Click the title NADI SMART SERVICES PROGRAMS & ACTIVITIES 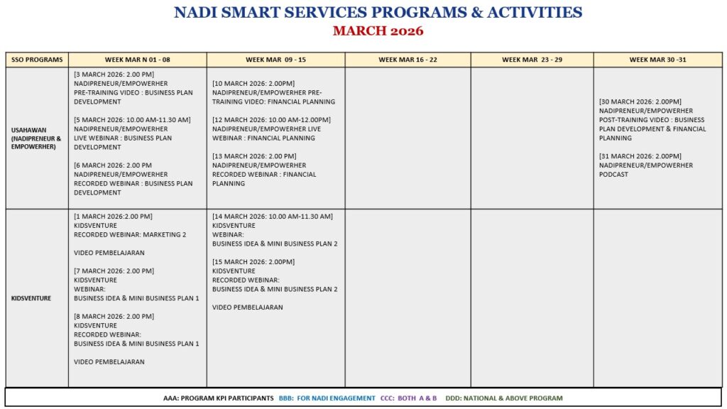pyautogui.click(x=378, y=13)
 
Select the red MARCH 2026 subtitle pyautogui.click(x=378, y=31)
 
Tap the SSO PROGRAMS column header pyautogui.click(x=37, y=60)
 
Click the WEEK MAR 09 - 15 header pyautogui.click(x=275, y=60)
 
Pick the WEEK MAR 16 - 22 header pyautogui.click(x=408, y=60)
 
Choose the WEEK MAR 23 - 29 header pyautogui.click(x=532, y=60)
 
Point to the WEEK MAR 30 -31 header pyautogui.click(x=657, y=60)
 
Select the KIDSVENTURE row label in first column pyautogui.click(x=31, y=298)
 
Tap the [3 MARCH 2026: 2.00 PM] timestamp pyautogui.click(x=114, y=75)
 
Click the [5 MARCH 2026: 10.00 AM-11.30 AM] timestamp pyautogui.click(x=132, y=120)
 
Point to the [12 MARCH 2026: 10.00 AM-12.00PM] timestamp pyautogui.click(x=271, y=120)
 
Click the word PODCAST pyautogui.click(x=613, y=175)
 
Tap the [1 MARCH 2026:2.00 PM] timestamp pyautogui.click(x=113, y=217)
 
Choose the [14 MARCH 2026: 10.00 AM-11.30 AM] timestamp pyautogui.click(x=272, y=217)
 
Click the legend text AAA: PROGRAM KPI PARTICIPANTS pyautogui.click(x=218, y=398)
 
